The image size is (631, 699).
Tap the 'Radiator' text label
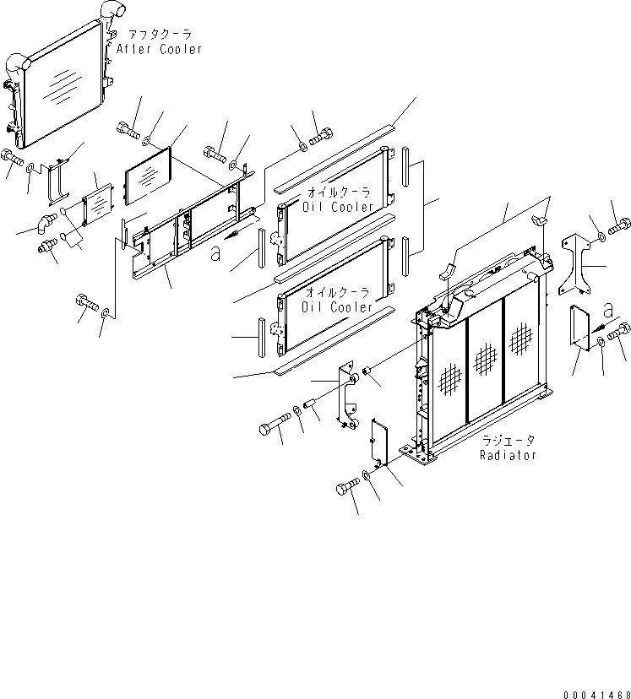coord(508,455)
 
